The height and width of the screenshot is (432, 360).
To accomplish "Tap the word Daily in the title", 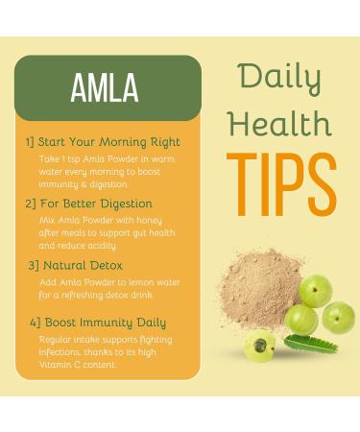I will [278, 74].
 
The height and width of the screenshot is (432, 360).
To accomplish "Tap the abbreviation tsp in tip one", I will [65, 157].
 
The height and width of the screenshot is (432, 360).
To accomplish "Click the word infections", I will [60, 351].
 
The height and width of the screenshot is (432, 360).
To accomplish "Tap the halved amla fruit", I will [259, 346].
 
